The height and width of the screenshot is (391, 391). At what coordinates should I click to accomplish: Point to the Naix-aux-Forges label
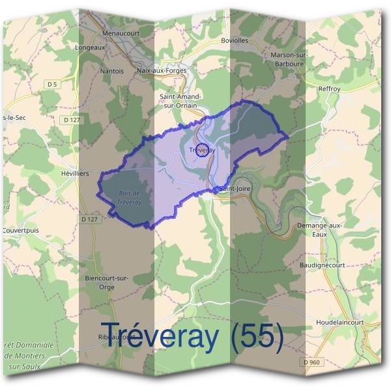(162, 70)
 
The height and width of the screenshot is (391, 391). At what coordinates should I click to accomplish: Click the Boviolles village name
(235, 40)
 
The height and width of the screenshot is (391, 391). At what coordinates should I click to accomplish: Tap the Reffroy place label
(330, 89)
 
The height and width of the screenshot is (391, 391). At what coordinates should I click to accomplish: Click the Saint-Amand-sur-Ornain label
(180, 100)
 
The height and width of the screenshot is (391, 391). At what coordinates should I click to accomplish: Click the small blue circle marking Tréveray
(203, 150)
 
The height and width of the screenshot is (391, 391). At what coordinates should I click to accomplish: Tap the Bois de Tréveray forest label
(130, 197)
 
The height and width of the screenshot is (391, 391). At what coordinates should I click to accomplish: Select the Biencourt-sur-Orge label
(108, 282)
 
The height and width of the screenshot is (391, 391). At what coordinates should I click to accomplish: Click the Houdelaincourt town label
(340, 323)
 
